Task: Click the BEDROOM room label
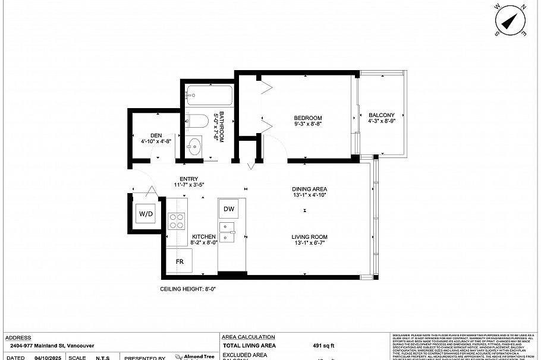coord(308,118)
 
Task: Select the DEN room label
coord(156,135)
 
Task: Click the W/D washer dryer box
coord(145,213)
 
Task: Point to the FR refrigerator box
coord(179,261)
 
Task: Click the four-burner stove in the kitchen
coord(177,221)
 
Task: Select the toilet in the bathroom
coord(196,122)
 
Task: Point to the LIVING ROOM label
coord(309,237)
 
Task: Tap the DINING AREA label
coord(310,190)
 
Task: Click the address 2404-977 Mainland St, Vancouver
coord(52,345)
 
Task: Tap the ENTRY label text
coord(188,179)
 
